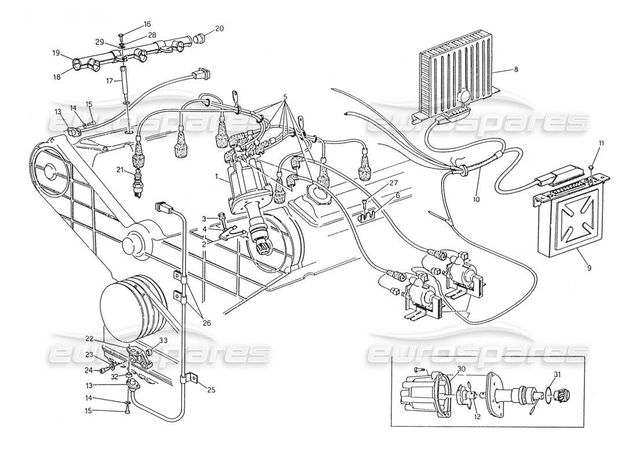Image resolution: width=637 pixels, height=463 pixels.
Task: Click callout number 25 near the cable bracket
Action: (210, 390)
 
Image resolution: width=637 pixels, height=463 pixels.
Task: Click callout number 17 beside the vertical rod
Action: (108, 82)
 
